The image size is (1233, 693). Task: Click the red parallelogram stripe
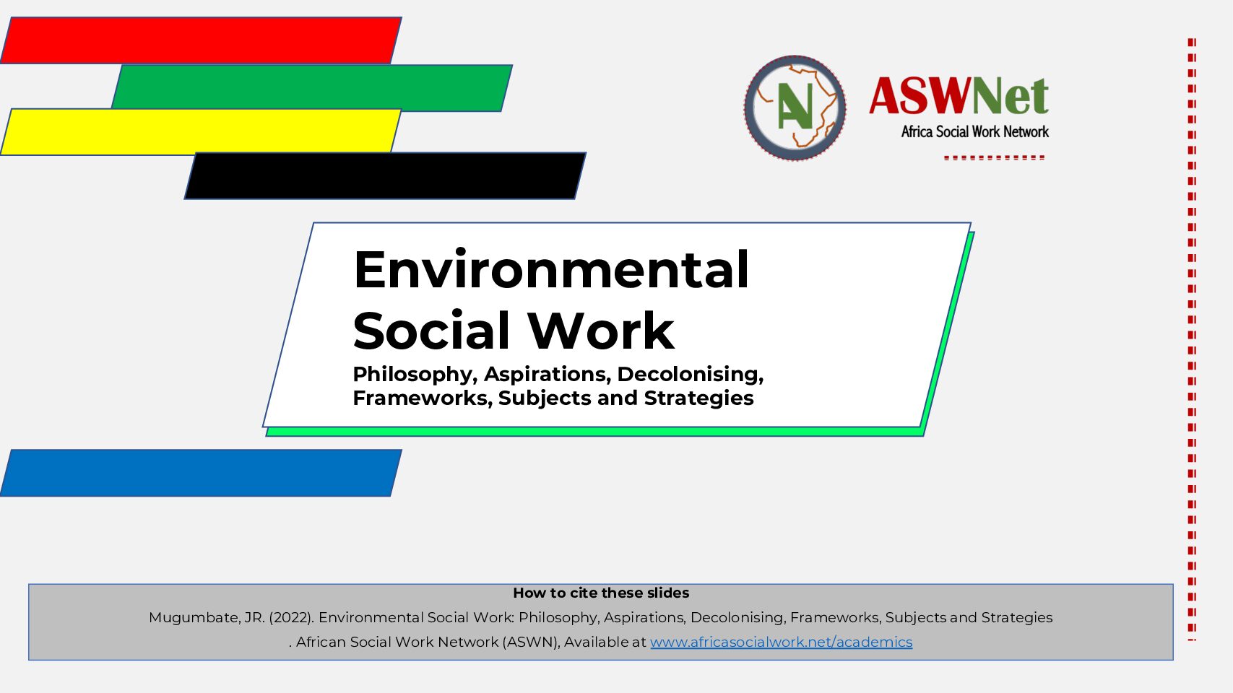tap(201, 40)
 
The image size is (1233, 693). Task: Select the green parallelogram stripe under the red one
tap(312, 88)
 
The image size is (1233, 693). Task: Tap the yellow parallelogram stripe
tap(201, 132)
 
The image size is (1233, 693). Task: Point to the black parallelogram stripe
tap(385, 176)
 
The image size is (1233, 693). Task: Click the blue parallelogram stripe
tap(201, 473)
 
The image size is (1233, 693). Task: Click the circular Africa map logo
tap(795, 108)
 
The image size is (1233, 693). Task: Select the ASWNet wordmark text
tap(959, 96)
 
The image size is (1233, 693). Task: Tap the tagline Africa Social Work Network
tap(975, 131)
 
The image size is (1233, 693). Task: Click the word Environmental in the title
tap(551, 269)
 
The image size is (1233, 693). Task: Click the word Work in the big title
tap(601, 331)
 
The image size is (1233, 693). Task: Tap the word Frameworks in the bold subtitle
tap(423, 398)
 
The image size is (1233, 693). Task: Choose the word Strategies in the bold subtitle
tap(698, 398)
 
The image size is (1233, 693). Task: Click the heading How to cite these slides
tap(601, 593)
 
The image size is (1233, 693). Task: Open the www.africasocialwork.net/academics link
tap(781, 642)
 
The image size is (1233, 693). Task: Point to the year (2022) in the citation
tap(291, 618)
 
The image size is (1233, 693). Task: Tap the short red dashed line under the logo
tap(994, 158)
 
